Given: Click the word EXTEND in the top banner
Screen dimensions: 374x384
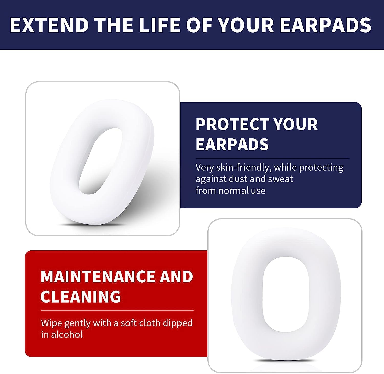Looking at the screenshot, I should coord(49,25).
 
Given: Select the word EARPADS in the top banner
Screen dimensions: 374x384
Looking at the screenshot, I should coord(325,25).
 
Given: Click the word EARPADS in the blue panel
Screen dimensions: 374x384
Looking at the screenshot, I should coord(232,144).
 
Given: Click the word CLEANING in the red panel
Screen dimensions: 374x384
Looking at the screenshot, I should coord(80,297).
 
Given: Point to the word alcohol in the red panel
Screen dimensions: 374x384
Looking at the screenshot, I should coord(67,335).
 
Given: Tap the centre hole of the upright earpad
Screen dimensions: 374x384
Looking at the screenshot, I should coord(285,296).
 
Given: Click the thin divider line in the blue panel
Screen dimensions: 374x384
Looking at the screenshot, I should coord(271,158).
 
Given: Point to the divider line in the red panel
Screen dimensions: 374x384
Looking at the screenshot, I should coord(117,311).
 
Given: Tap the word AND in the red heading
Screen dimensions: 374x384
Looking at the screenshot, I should coord(176,277).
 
